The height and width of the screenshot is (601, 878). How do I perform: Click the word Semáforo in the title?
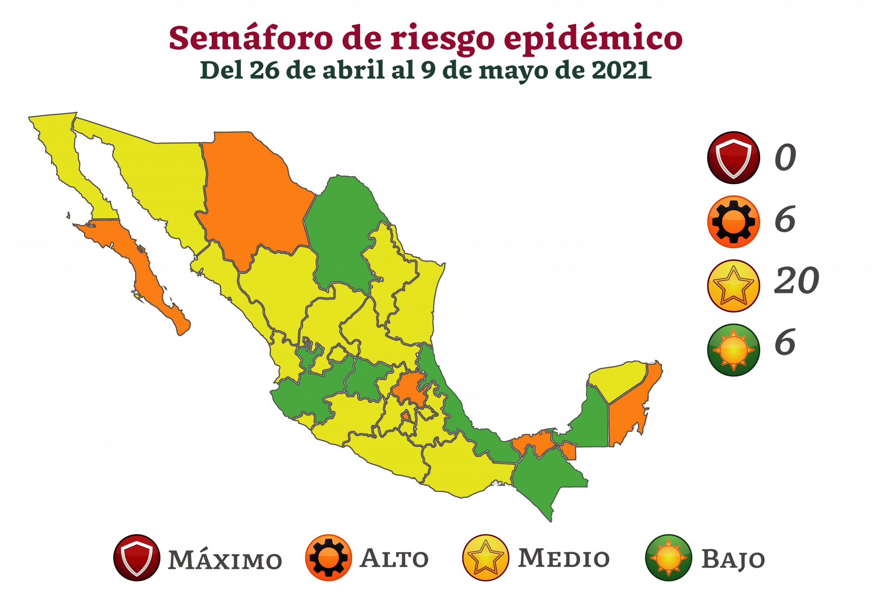pos(251,39)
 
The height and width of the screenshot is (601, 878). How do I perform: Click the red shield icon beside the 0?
pos(733,158)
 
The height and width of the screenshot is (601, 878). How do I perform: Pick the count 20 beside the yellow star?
pos(796,281)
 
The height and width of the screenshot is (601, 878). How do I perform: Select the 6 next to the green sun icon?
pos(785,342)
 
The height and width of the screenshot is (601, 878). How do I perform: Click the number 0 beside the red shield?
pos(785,158)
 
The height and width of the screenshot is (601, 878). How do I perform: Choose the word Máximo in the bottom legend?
pos(225,560)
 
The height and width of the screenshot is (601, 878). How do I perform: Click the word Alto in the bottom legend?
pos(394,559)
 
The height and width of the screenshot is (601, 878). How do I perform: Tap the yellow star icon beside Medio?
pos(485,558)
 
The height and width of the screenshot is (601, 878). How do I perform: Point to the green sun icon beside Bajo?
pos(668,558)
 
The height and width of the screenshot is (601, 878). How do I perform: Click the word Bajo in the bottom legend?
pos(733,559)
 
